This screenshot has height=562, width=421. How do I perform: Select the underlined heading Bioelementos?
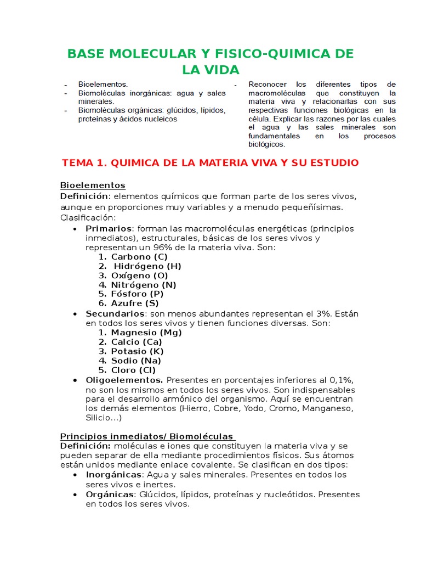pos(92,186)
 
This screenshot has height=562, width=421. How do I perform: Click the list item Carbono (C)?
pos(139,257)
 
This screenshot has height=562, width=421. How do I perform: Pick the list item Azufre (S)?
pos(135,303)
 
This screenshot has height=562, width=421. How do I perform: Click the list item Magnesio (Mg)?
pos(146,333)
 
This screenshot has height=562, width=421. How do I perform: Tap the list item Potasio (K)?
pos(137,351)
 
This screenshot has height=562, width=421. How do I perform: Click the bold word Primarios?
pos(109,228)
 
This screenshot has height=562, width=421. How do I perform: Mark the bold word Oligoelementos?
pos(124,380)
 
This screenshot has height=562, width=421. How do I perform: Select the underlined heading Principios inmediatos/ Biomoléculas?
pos(147,436)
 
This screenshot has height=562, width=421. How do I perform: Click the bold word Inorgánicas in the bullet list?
pos(112,475)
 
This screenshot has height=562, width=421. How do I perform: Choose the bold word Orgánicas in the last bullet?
pos(109,494)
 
